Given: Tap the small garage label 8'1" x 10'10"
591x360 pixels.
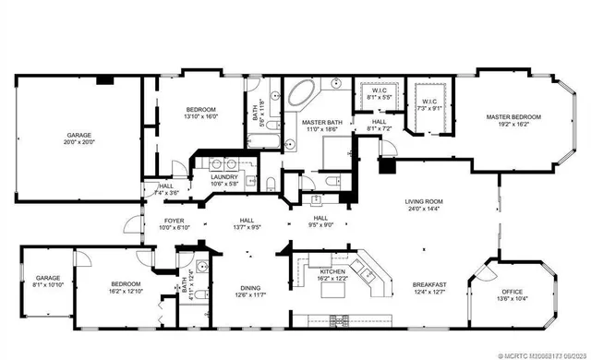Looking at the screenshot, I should coord(48,282).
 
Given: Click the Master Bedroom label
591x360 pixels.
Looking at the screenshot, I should coord(513,121).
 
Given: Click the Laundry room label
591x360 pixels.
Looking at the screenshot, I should coord(225,180).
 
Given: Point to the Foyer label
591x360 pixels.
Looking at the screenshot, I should coord(175,223).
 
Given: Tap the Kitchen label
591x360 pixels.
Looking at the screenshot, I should coord(332,274).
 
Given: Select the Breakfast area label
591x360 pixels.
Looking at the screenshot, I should coord(430,288).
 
